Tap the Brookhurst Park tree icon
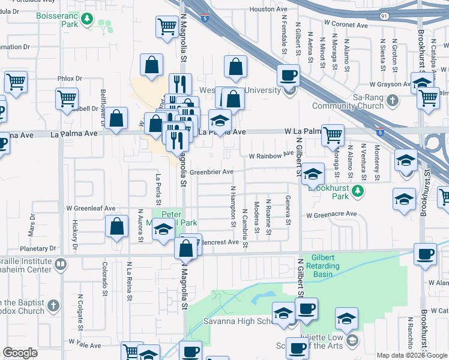pyautogui.click(x=358, y=191)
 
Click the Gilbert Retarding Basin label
pyautogui.click(x=322, y=266)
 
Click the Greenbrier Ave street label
pyautogui.click(x=211, y=172)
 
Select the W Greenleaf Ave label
pyautogui.click(x=91, y=208)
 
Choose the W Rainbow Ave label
pyautogui.click(x=271, y=155)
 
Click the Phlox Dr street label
pyautogui.click(x=70, y=79)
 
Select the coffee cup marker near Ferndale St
pyautogui.click(x=288, y=76)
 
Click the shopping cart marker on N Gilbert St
pyautogui.click(x=332, y=135)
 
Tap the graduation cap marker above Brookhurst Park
pyautogui.click(x=312, y=174)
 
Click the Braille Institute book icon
pyautogui.click(x=61, y=264)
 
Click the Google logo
pyautogui.click(x=20, y=353)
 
